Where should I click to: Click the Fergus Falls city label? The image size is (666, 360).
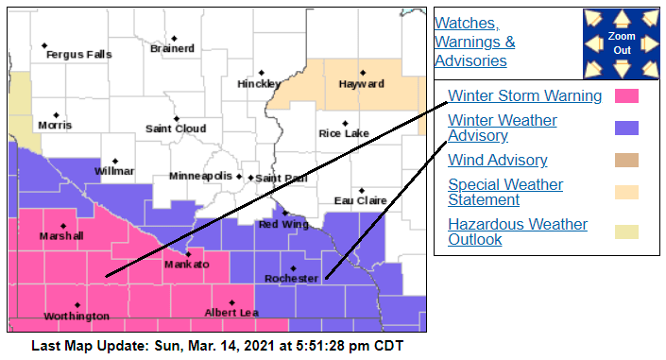(x=78, y=55)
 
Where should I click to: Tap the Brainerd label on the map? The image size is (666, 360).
(x=172, y=48)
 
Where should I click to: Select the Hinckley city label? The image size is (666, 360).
(x=259, y=84)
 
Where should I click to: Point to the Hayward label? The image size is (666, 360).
(x=361, y=84)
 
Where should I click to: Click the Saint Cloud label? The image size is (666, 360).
(x=176, y=129)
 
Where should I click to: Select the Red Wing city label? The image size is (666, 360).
(x=282, y=225)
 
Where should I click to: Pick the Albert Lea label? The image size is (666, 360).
(x=231, y=313)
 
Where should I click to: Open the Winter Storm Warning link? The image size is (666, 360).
(x=524, y=95)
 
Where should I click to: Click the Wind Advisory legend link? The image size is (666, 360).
(x=497, y=160)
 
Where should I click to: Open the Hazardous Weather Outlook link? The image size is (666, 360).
(x=517, y=231)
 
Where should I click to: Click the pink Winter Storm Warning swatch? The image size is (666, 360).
(x=626, y=95)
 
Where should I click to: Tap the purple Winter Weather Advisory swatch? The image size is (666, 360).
(x=626, y=128)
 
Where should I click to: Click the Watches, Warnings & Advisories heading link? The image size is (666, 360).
(x=474, y=42)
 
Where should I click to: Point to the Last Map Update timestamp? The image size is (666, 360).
(x=217, y=346)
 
